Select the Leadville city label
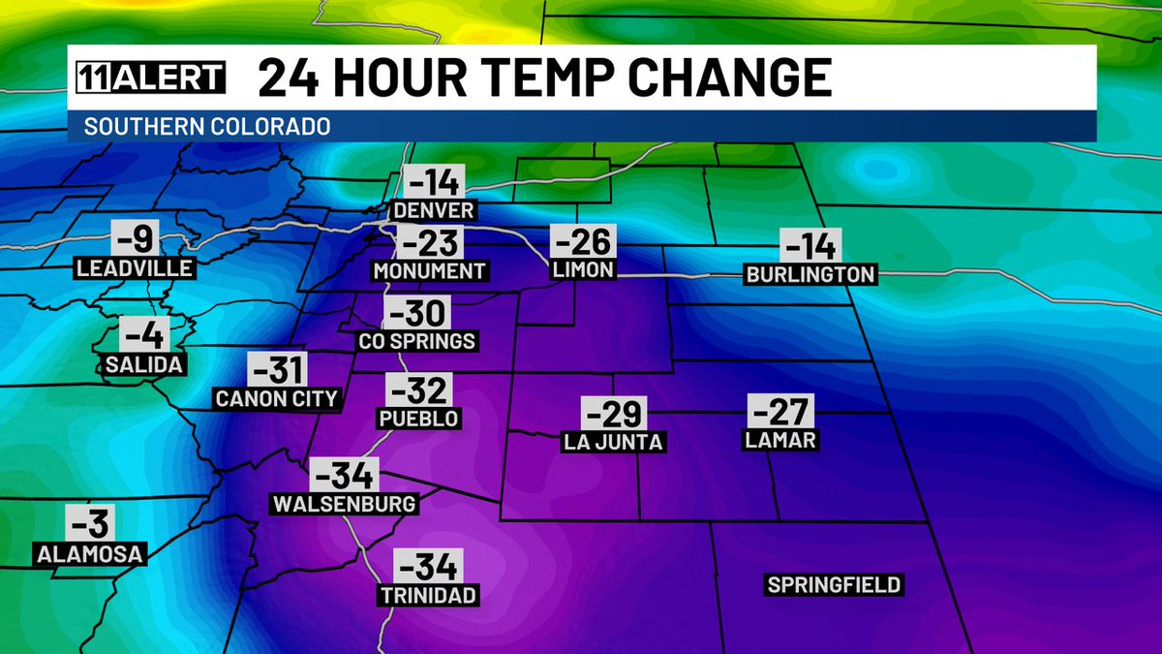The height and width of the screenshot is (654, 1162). click(x=137, y=267)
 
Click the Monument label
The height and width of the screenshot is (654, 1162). click(x=428, y=271)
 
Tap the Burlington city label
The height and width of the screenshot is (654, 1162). click(x=810, y=274)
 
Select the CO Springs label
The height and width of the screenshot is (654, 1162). click(x=416, y=341)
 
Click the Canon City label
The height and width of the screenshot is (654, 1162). click(x=277, y=397)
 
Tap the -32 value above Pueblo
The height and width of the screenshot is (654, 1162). click(x=418, y=390)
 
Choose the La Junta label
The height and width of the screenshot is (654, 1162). click(x=612, y=442)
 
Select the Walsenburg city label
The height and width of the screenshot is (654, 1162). click(x=344, y=504)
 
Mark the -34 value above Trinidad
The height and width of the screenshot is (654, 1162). click(x=428, y=566)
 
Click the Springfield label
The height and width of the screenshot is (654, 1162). click(x=834, y=584)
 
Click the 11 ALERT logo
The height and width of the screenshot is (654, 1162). click(x=150, y=78)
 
